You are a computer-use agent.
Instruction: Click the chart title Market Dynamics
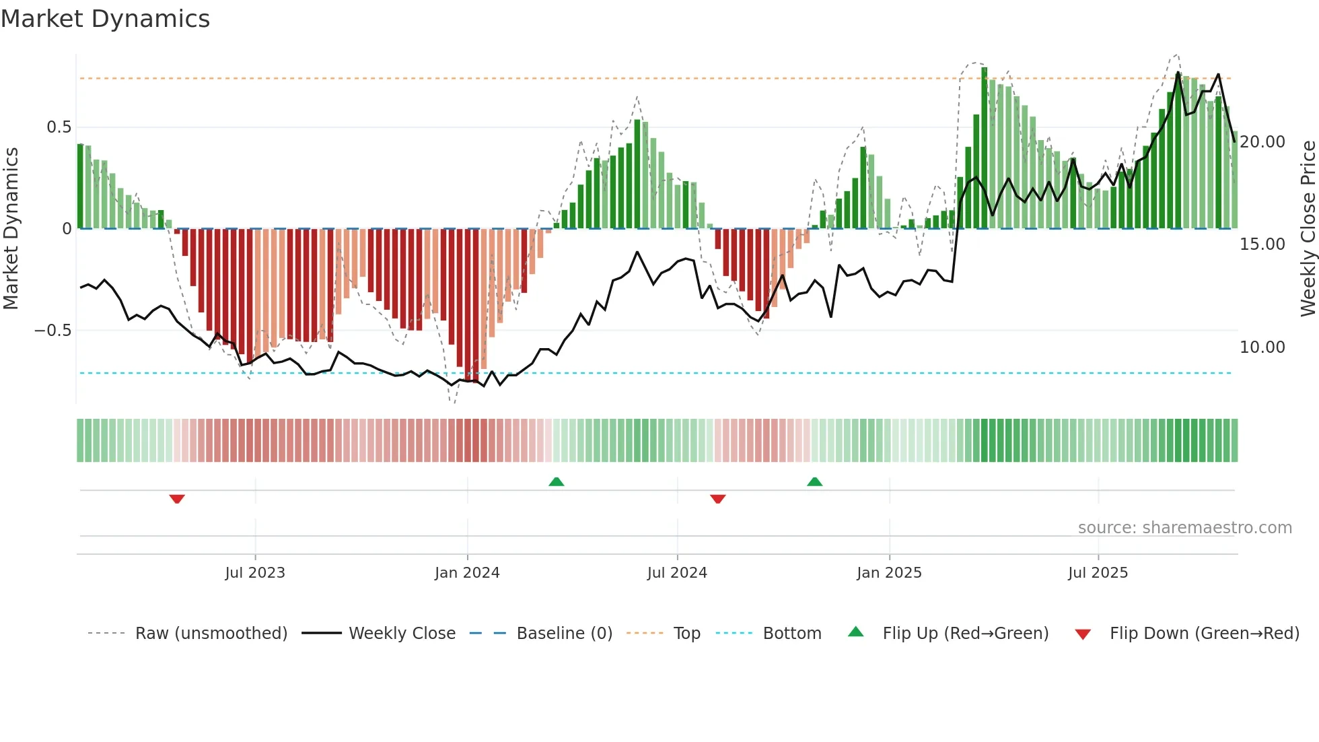pos(105,19)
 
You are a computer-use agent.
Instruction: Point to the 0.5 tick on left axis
pos(59,127)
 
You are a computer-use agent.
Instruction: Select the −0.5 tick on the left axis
pos(52,331)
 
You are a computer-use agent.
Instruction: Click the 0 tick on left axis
pos(67,229)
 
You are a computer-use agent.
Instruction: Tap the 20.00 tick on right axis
pos(1262,142)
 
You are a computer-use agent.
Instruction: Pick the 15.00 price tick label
pos(1262,244)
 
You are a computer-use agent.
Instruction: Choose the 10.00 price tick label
pos(1262,347)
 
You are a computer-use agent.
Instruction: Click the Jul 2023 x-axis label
pos(255,573)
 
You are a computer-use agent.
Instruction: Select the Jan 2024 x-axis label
pos(467,573)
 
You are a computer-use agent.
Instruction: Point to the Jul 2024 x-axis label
pos(677,573)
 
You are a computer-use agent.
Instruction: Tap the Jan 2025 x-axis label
pos(889,573)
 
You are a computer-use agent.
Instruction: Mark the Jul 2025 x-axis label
pos(1098,573)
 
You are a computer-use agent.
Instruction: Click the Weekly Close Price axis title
pos(1308,229)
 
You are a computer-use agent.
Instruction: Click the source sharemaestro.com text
pos(1184,528)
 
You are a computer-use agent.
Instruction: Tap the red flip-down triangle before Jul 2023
pos(177,499)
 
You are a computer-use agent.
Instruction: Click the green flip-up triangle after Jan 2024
pos(557,481)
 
